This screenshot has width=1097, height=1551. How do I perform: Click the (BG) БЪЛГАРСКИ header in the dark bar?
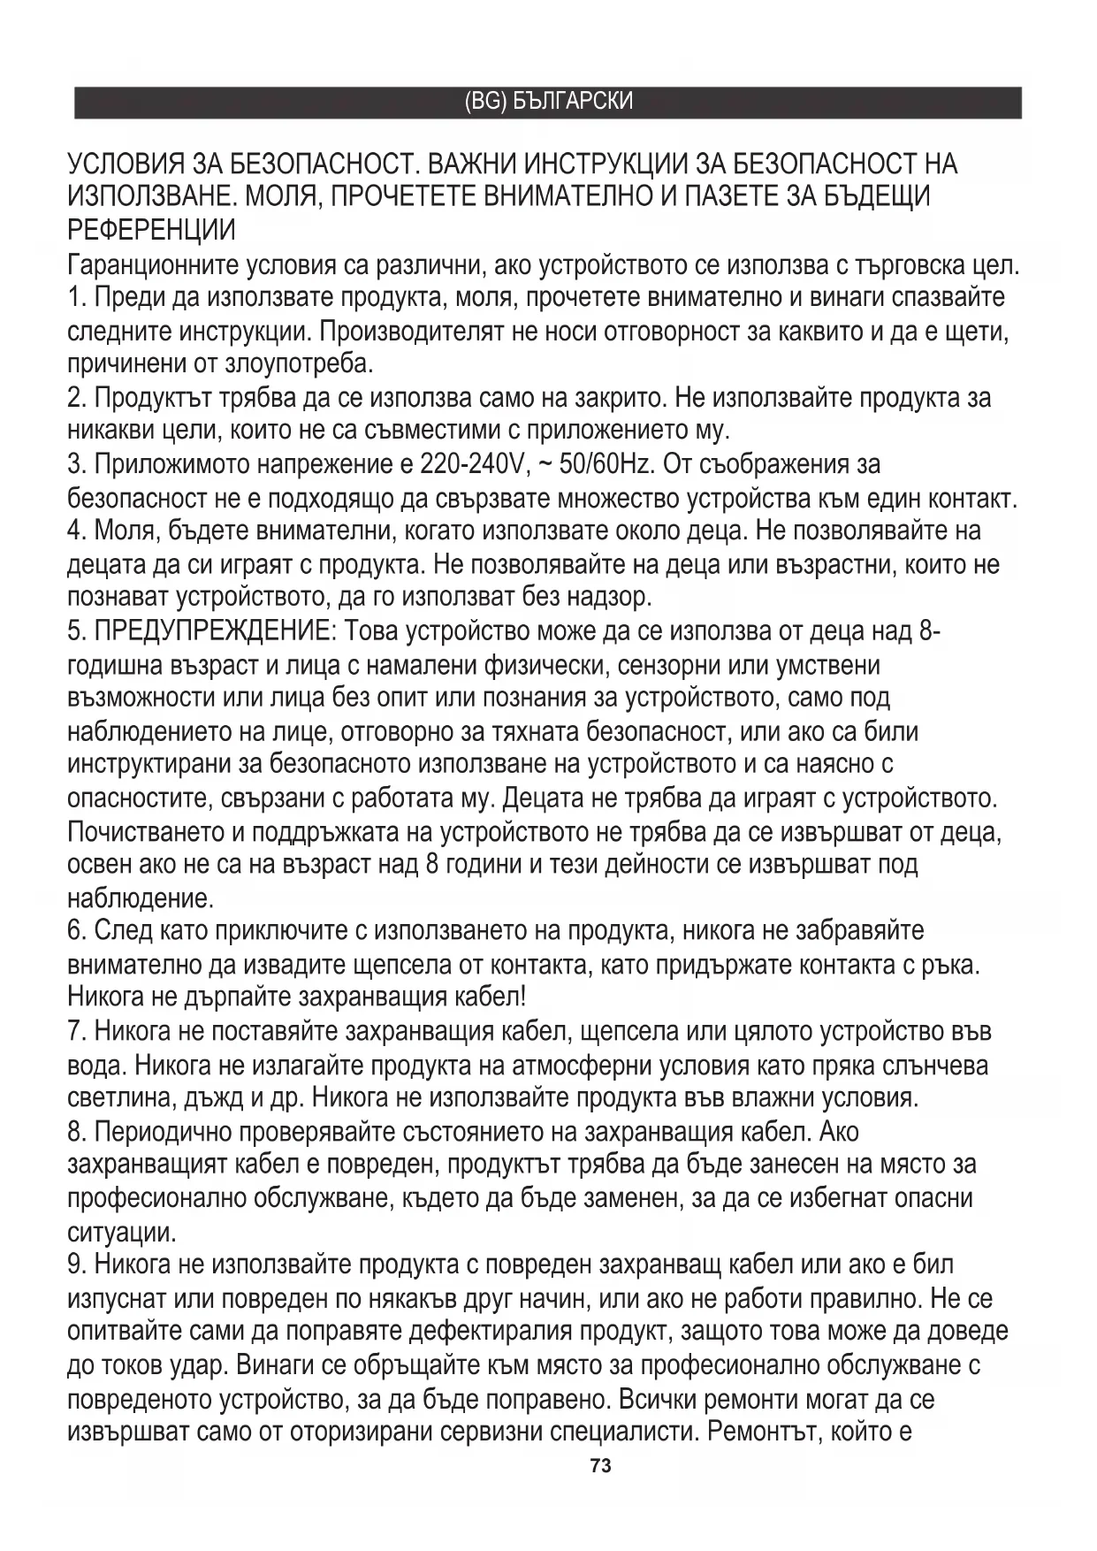[548, 102]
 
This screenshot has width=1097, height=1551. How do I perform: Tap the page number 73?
[600, 1466]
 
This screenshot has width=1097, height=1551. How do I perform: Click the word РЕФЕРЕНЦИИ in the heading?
[151, 231]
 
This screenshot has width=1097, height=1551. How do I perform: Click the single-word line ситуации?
[121, 1232]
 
